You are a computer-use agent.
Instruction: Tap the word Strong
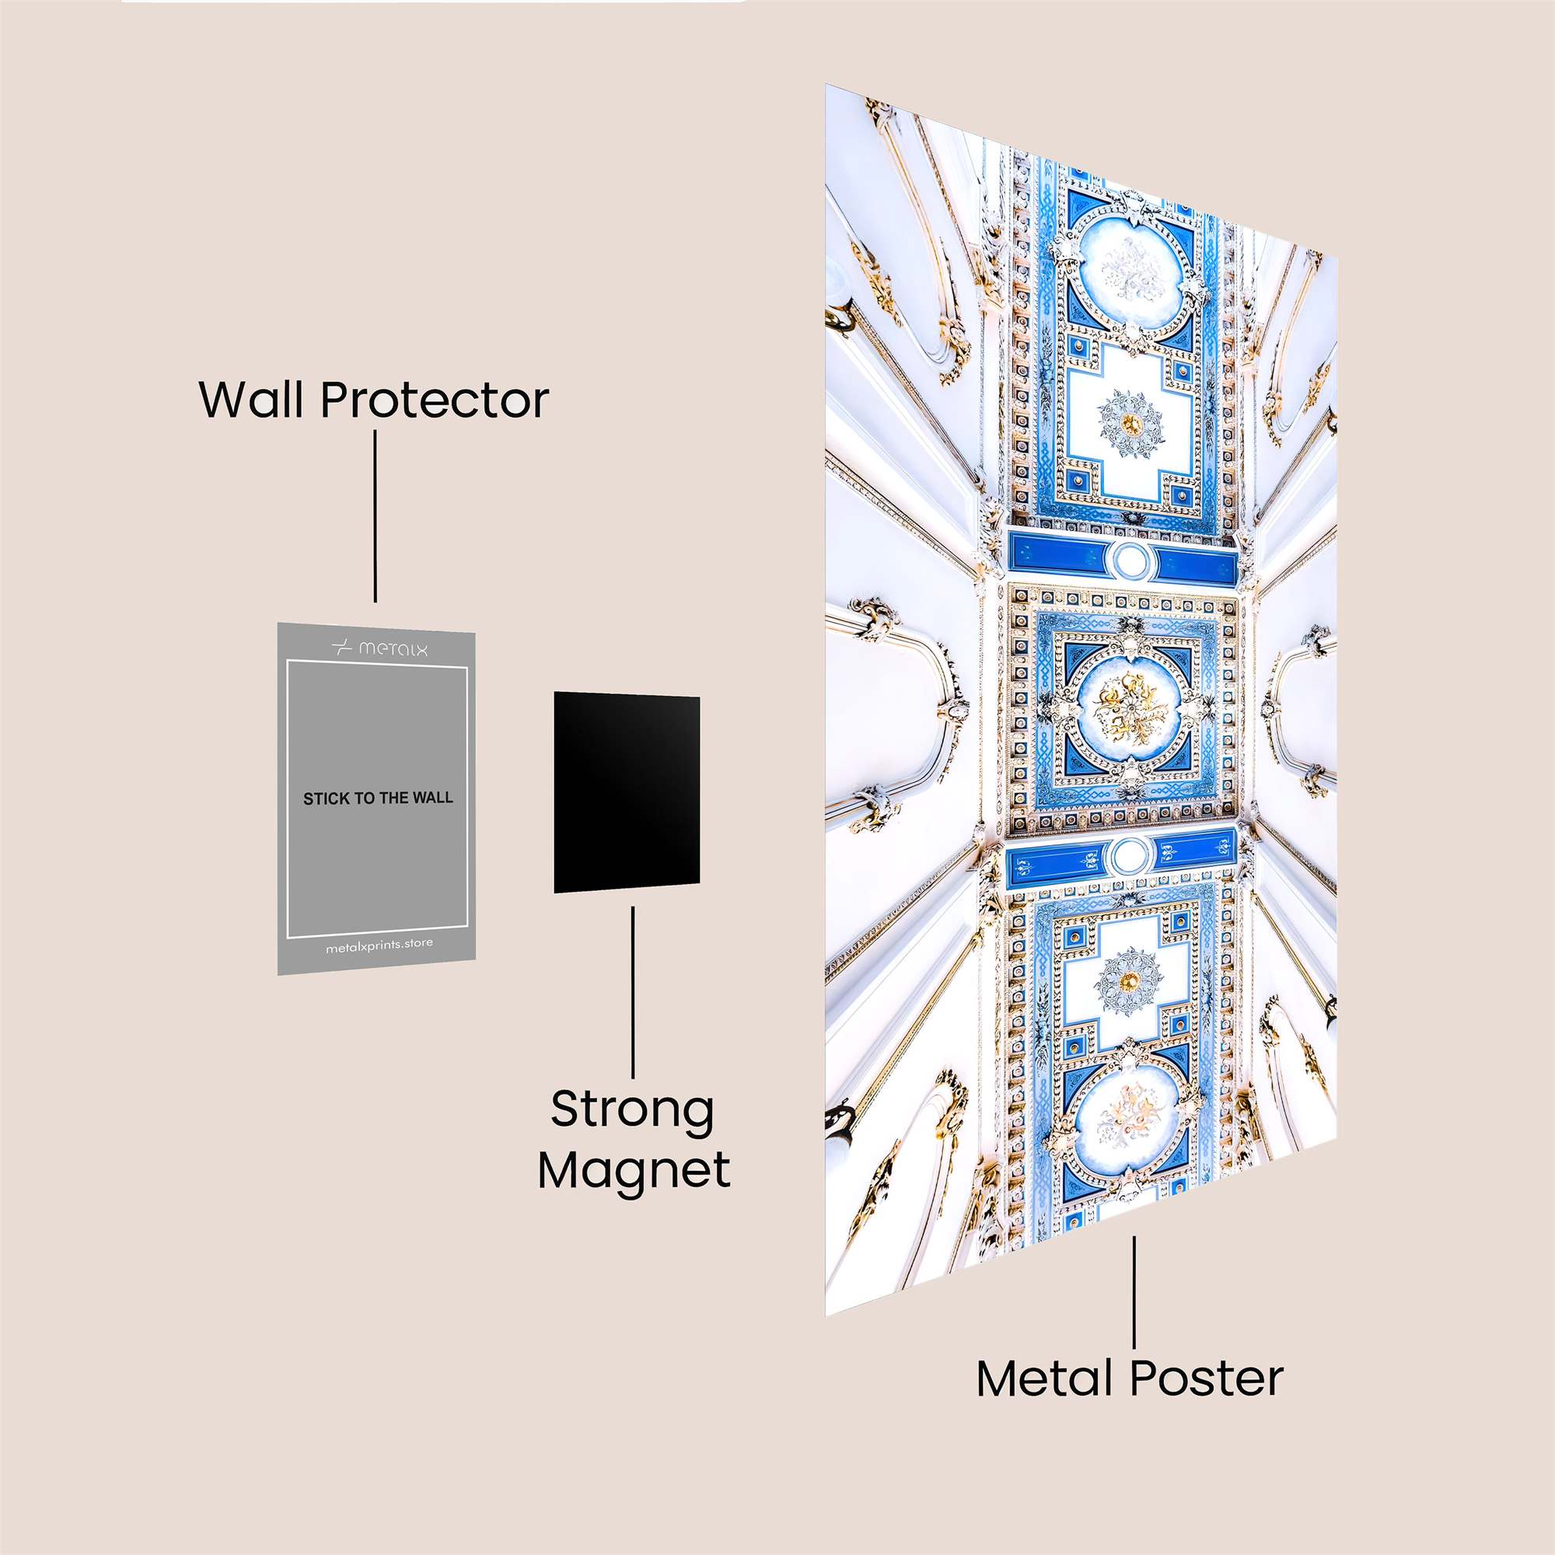pyautogui.click(x=633, y=1110)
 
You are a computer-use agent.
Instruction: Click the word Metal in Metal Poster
pyautogui.click(x=1047, y=1379)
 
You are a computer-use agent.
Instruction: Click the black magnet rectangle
pyautogui.click(x=626, y=792)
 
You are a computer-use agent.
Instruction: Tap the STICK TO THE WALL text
pyautogui.click(x=378, y=798)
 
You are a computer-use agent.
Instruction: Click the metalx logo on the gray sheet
pyautogui.click(x=380, y=648)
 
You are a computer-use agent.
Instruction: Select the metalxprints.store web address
pyautogui.click(x=379, y=945)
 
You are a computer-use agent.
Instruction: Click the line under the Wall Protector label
pyautogui.click(x=375, y=515)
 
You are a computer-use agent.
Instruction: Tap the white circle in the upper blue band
pyautogui.click(x=1130, y=560)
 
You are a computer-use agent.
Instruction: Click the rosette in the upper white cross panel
pyautogui.click(x=1130, y=422)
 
